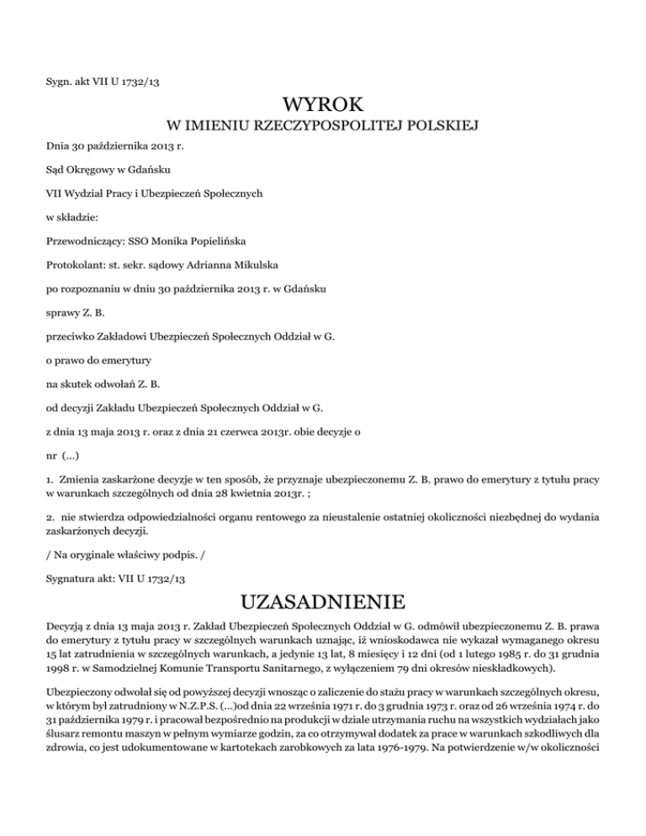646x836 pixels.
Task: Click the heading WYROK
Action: pos(323,105)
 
